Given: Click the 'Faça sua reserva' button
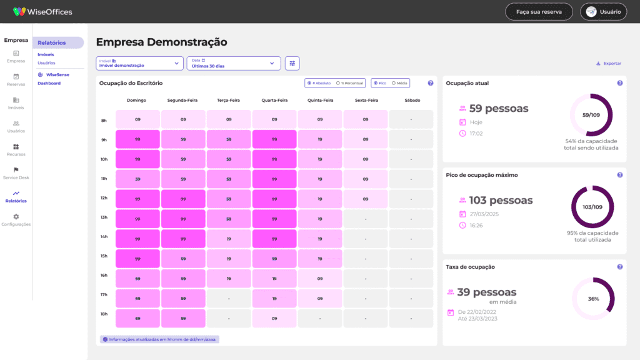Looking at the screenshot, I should click(539, 12).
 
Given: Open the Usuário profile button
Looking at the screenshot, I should click(604, 12).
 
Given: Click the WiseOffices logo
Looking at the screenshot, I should click(42, 12).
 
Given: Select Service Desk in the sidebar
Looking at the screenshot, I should click(16, 173).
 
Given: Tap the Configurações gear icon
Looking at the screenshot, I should click(16, 216).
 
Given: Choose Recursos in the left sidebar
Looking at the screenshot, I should click(16, 150).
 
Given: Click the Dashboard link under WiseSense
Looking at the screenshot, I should click(49, 83).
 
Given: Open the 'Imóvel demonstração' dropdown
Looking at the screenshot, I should click(139, 63).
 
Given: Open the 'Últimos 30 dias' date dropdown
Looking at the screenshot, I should click(234, 63).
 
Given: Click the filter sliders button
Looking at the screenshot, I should click(292, 63).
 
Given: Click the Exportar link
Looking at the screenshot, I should click(608, 64).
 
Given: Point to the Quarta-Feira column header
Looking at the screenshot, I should click(274, 100).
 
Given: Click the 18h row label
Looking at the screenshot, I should click(104, 314).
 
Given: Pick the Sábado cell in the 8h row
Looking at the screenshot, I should click(411, 119).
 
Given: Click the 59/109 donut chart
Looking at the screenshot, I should click(591, 115).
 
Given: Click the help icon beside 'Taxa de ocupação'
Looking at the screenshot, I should click(619, 267).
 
